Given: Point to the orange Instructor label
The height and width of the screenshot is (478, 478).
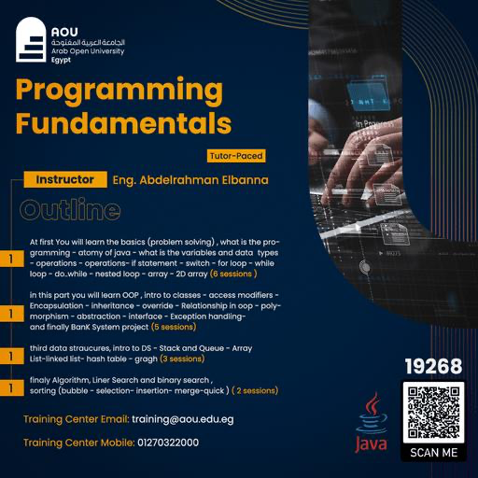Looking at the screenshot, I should [64, 178].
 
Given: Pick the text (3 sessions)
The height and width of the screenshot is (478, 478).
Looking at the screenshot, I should [182, 358].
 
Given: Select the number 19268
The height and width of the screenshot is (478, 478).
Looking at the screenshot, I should [433, 366].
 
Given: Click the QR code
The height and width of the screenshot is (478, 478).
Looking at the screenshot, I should [433, 412].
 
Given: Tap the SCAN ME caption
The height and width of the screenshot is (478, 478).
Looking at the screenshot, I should [433, 453].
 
